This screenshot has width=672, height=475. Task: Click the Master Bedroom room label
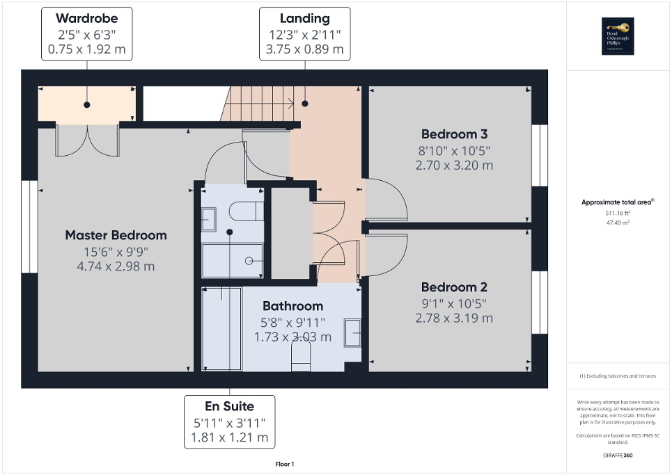pos(116,235)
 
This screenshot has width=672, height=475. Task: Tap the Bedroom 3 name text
pos(454,134)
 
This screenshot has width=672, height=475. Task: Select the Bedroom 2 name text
pos(454,287)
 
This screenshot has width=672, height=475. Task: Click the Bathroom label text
pos(292,306)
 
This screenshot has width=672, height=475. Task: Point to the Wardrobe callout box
pos(86,34)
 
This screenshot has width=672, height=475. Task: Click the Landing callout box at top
pos(304,34)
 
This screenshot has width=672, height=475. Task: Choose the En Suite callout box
pos(229,422)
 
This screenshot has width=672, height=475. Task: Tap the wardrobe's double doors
pos(87,141)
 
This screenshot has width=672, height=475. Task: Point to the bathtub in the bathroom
pos(221,329)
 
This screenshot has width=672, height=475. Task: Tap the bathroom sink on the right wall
pos(352,332)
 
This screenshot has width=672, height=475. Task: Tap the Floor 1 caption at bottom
pos(284,464)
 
